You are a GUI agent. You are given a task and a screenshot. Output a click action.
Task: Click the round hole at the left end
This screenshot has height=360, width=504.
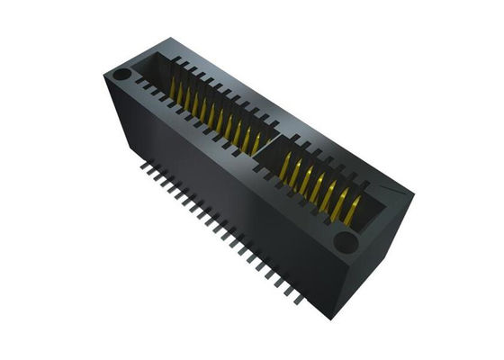click(x=123, y=73)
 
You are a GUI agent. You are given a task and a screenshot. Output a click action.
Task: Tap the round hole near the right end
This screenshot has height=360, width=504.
click(x=344, y=240)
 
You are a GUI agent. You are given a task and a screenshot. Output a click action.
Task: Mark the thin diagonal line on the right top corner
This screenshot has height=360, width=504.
click(x=387, y=191)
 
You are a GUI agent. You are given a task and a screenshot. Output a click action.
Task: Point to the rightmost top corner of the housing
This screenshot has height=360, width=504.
click(x=413, y=194)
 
